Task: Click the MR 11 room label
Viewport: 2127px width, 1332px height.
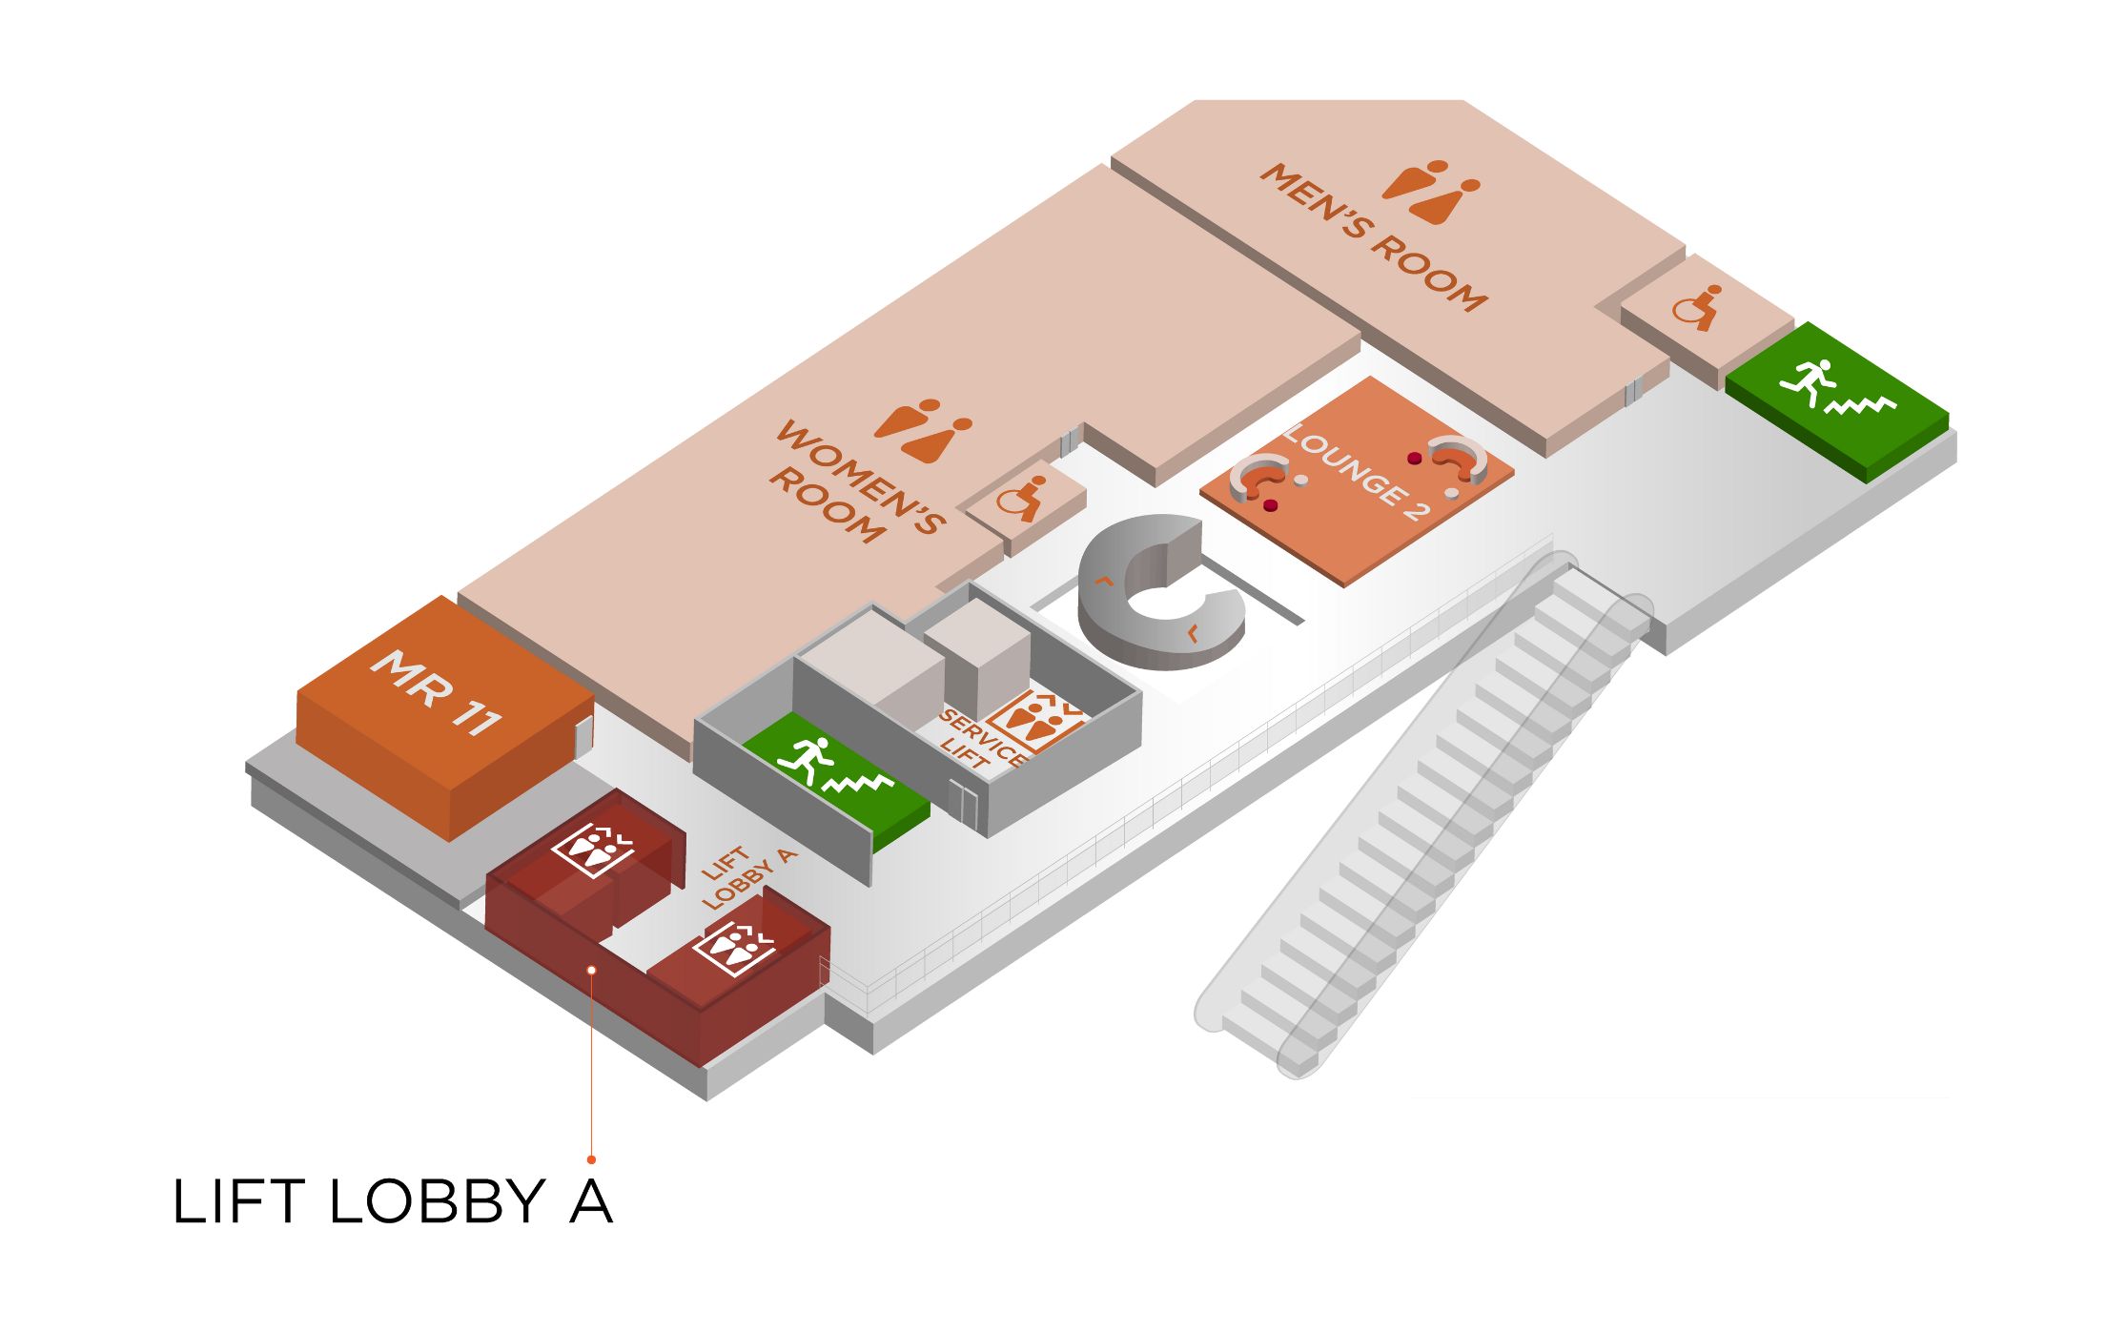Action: (x=436, y=693)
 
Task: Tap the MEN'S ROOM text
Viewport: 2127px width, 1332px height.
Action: (x=1374, y=238)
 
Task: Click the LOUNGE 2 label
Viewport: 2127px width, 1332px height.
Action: (x=1358, y=473)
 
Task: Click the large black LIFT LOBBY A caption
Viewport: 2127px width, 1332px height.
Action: (x=392, y=1201)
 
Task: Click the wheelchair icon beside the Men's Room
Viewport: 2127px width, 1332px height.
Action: (x=1697, y=308)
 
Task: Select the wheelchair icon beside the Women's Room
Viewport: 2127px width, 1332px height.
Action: (x=1020, y=498)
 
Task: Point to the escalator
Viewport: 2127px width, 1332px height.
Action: (x=1421, y=820)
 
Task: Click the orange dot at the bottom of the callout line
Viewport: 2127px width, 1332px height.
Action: (x=591, y=1159)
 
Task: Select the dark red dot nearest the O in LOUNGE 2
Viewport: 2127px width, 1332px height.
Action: (x=1415, y=459)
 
